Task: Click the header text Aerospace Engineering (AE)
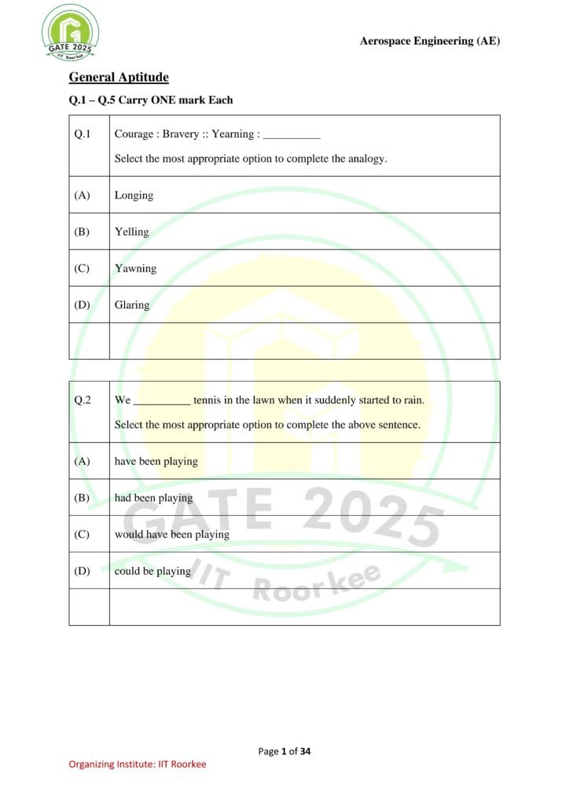[x=429, y=41]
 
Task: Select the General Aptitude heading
[x=119, y=77]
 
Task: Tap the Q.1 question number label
[x=83, y=134]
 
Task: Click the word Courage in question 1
[x=134, y=134]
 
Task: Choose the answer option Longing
[x=134, y=195]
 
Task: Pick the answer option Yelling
[x=131, y=232]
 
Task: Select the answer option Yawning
[x=135, y=269]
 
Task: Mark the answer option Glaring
[x=132, y=305]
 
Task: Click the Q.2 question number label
[x=83, y=400]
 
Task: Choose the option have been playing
[x=156, y=461]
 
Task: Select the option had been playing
[x=153, y=498]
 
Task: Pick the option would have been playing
[x=171, y=535]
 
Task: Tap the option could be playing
[x=152, y=571]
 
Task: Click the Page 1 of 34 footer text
[x=284, y=751]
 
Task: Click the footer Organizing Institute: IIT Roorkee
[x=138, y=764]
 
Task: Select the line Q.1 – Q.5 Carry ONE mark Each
[x=151, y=100]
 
